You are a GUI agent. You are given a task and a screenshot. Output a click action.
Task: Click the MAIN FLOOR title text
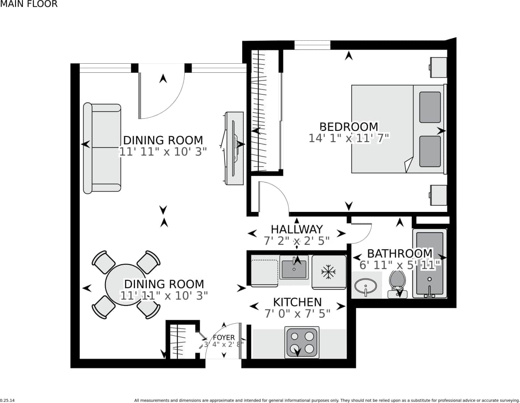[x=29, y=4]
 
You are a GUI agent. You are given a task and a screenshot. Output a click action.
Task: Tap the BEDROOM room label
[x=348, y=127]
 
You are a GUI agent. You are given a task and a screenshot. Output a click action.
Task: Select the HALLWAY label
[x=296, y=229]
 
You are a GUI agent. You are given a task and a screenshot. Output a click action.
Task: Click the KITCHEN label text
[x=297, y=302]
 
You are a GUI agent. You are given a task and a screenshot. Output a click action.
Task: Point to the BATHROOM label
[x=399, y=253]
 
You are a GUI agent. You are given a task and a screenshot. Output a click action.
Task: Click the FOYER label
[x=224, y=337]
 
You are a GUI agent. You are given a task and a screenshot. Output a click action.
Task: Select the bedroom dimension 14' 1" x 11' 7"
[x=349, y=138]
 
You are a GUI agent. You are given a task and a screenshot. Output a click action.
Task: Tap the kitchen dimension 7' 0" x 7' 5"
[x=297, y=313]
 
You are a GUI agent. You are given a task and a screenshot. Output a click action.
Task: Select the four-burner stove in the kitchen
[x=302, y=342]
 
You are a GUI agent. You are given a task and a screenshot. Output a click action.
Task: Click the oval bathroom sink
[x=366, y=286]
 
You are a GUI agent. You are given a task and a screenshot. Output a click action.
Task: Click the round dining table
[x=125, y=285]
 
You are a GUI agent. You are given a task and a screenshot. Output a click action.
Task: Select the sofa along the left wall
[x=102, y=148]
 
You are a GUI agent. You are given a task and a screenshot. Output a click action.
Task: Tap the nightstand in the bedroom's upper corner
[x=438, y=67]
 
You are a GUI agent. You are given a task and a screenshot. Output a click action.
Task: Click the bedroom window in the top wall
[x=312, y=45]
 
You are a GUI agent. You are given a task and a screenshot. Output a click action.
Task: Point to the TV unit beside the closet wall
[x=234, y=148]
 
